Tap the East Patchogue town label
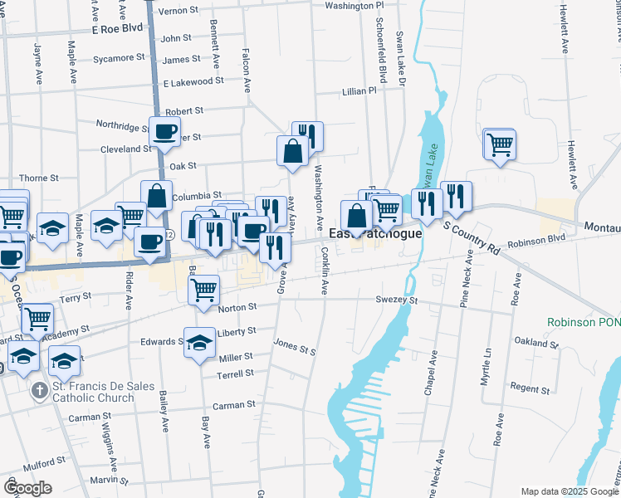(x=376, y=234)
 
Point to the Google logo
(x=27, y=488)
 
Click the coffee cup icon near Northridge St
(x=164, y=130)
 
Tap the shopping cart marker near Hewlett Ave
(x=500, y=144)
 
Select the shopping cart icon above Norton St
(x=203, y=290)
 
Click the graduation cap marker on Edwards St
(x=199, y=342)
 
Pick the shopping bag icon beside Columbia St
(x=156, y=196)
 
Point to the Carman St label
(x=233, y=405)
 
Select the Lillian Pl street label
(x=359, y=92)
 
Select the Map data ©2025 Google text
(x=569, y=491)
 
